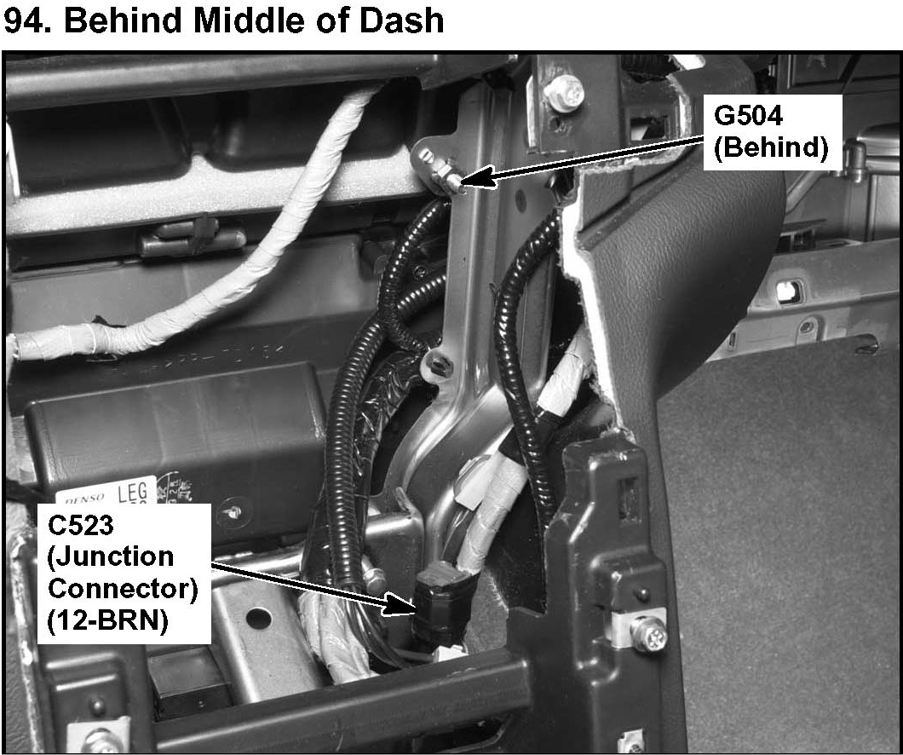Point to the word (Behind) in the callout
click(x=771, y=147)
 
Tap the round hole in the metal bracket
click(x=253, y=617)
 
